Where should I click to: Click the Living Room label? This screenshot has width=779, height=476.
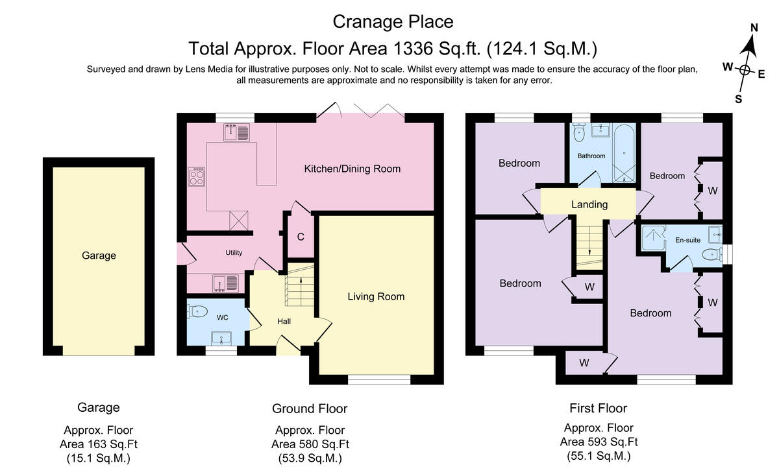[x=376, y=297]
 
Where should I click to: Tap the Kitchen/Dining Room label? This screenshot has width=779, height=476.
[x=352, y=169]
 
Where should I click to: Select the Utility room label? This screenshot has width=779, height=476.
[x=234, y=252]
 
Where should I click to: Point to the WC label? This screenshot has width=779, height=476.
[x=222, y=318]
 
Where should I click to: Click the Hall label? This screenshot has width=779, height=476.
[x=284, y=322]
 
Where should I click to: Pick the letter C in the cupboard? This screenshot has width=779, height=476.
[x=301, y=237]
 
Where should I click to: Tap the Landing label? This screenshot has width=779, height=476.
[x=589, y=204]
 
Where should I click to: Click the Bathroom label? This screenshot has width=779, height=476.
[x=591, y=156]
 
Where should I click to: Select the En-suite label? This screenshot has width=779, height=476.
[x=687, y=240]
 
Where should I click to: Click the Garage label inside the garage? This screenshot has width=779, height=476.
[x=99, y=256]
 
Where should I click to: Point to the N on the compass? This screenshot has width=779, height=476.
[x=754, y=28]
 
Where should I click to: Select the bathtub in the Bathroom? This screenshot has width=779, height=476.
[x=623, y=153]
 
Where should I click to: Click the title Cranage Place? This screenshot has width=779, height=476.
[x=393, y=21]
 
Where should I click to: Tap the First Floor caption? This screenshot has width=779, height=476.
[x=598, y=409]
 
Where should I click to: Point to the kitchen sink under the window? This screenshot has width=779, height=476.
[x=235, y=132]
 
